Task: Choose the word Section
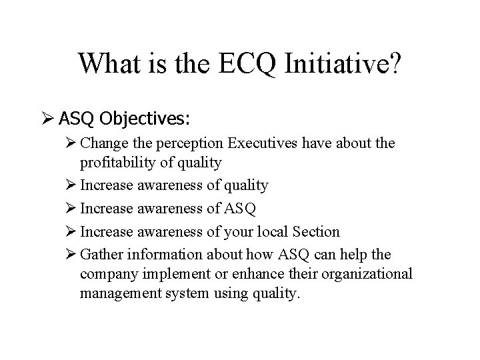pos(315,232)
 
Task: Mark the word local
pos(270,232)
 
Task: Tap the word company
pos(108,275)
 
